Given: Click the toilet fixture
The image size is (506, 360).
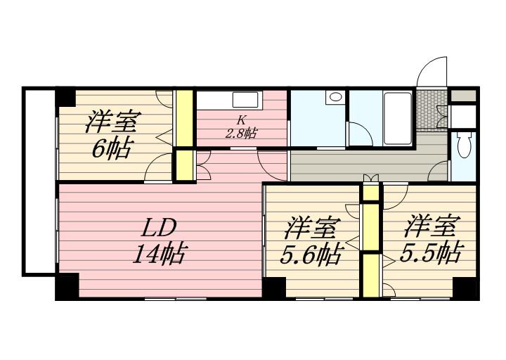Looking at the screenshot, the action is (464, 146).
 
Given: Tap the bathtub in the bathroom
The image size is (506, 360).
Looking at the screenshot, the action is (397, 119).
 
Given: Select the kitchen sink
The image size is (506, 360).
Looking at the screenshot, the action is (245, 100).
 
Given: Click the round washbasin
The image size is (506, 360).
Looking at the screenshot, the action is (336, 97).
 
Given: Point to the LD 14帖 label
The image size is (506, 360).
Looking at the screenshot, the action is (159, 240).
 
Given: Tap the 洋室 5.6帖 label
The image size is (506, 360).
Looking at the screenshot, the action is (311, 241).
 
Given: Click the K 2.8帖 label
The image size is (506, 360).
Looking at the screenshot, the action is (241, 127).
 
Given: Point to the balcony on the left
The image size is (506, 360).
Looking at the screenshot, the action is (39, 182).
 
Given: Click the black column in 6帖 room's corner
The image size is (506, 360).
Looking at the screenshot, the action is (65, 96).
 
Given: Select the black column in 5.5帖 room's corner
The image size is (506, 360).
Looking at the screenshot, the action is (466, 288).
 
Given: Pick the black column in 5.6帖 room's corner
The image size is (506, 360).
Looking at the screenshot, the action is (274, 288).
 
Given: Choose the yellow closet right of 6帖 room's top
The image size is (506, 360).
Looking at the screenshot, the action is (184, 118).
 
